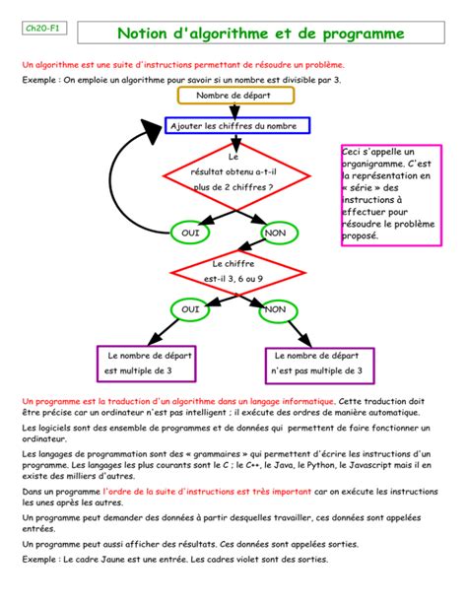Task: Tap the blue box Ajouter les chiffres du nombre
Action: (x=238, y=126)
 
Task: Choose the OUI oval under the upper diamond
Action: (x=189, y=233)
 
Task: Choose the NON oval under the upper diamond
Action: (x=275, y=233)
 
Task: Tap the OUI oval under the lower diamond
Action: (x=189, y=309)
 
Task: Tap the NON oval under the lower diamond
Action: (x=275, y=309)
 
